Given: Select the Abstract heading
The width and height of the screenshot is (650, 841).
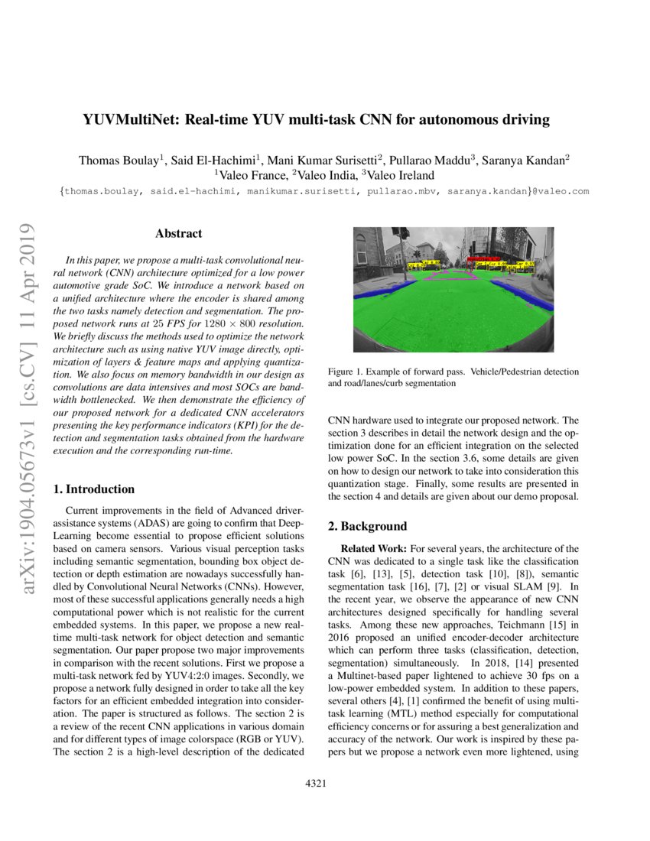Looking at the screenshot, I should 178,233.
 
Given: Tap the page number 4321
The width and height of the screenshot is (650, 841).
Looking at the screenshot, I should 317,784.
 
